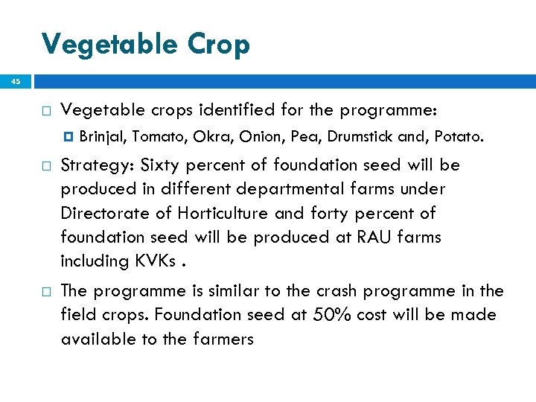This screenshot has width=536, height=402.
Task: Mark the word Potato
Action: click(x=459, y=136)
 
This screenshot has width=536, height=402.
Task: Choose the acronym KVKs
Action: click(x=154, y=261)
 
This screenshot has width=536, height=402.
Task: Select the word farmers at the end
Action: click(x=224, y=339)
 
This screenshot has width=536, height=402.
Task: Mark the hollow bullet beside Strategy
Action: click(x=46, y=165)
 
